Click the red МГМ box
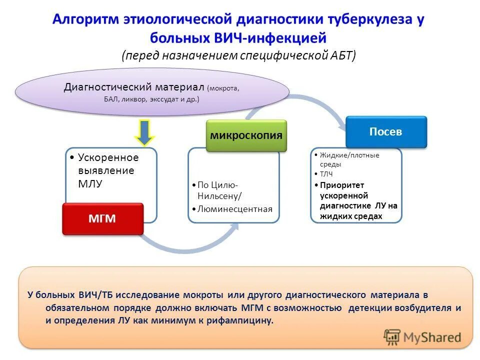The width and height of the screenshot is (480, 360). tap(102, 218)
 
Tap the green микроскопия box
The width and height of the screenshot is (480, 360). tap(246, 135)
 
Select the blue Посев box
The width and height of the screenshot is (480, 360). tap(386, 132)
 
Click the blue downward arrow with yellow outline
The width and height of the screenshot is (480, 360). tap(145, 132)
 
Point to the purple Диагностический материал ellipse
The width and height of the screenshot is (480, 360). tap(152, 92)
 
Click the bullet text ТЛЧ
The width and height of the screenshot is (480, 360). tap(326, 174)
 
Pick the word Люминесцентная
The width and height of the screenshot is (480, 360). tap(235, 209)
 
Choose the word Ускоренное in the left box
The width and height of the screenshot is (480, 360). tap(108, 157)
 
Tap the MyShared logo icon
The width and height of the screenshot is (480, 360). tap(392, 337)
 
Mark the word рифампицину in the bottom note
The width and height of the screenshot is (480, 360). tap(244, 320)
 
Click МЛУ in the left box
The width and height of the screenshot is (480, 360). tap(90, 183)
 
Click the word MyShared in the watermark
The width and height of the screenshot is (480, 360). tap(432, 337)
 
